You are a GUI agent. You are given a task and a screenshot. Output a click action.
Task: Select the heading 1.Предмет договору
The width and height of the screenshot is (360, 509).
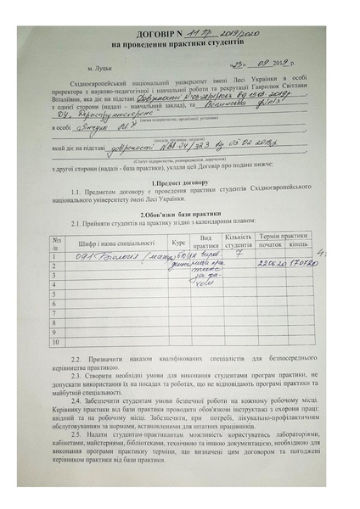point(179,183)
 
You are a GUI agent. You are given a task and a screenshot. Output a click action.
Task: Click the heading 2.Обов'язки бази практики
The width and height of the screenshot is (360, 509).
point(180,215)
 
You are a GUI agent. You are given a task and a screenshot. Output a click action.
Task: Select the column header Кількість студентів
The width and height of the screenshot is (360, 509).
point(239,241)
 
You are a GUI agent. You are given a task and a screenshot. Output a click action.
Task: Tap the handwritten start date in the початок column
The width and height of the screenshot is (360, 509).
point(271,264)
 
